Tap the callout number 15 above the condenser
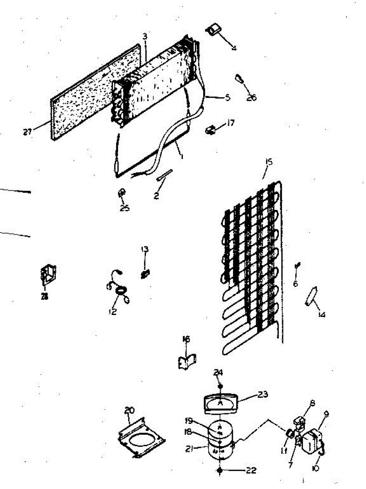[269, 162]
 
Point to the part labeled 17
[211, 130]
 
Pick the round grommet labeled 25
[121, 194]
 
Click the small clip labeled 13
[144, 272]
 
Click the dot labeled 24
[220, 385]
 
